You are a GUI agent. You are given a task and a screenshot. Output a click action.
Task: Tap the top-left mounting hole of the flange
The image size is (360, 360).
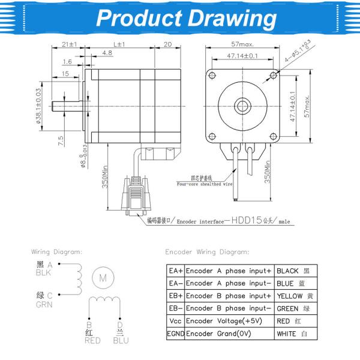click(x=211, y=74)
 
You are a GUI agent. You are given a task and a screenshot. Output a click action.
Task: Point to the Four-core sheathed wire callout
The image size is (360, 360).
click(x=203, y=184)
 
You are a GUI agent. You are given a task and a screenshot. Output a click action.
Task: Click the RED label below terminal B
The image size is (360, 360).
click(x=92, y=340)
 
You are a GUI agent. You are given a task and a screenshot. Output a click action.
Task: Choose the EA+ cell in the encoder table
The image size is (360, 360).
click(x=175, y=271)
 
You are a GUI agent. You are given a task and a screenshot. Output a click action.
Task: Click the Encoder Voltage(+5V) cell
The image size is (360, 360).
click(x=229, y=321)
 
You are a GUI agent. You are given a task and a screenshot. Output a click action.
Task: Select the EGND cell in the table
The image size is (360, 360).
click(x=175, y=334)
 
